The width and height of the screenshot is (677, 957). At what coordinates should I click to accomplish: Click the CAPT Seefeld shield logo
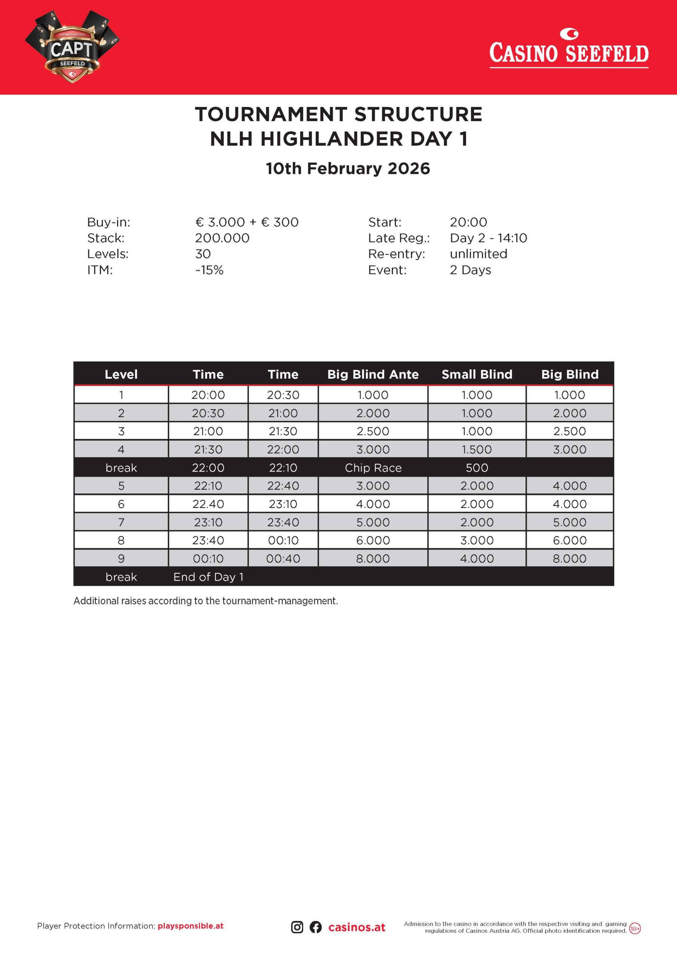coord(72,47)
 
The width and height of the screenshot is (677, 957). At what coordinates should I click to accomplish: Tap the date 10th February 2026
coord(348,168)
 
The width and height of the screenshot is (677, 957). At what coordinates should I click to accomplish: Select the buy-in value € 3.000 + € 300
coord(247,222)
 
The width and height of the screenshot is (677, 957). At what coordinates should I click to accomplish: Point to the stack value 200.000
coord(222,238)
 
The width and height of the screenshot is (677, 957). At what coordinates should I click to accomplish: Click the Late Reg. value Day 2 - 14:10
coord(488,238)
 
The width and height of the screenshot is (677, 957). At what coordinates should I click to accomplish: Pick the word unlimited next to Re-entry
coord(478,254)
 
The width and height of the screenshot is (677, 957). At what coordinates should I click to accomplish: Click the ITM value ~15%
coord(210,270)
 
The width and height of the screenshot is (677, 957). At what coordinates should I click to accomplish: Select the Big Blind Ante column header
coord(373,374)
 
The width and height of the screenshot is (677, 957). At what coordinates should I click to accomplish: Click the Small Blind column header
coord(477,374)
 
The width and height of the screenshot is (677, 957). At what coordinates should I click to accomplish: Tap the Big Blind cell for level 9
coord(569,558)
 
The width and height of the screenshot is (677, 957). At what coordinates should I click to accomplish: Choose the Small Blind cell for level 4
coord(477,449)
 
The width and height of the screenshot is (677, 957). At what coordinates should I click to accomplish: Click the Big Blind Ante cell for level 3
coord(373,431)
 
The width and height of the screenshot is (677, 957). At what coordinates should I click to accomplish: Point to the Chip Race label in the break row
coord(373,468)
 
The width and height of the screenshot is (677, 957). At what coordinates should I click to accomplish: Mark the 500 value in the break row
coord(477,468)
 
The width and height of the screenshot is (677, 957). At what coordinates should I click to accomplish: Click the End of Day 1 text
coord(208,577)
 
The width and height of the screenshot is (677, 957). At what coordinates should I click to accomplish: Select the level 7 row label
coord(121,522)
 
